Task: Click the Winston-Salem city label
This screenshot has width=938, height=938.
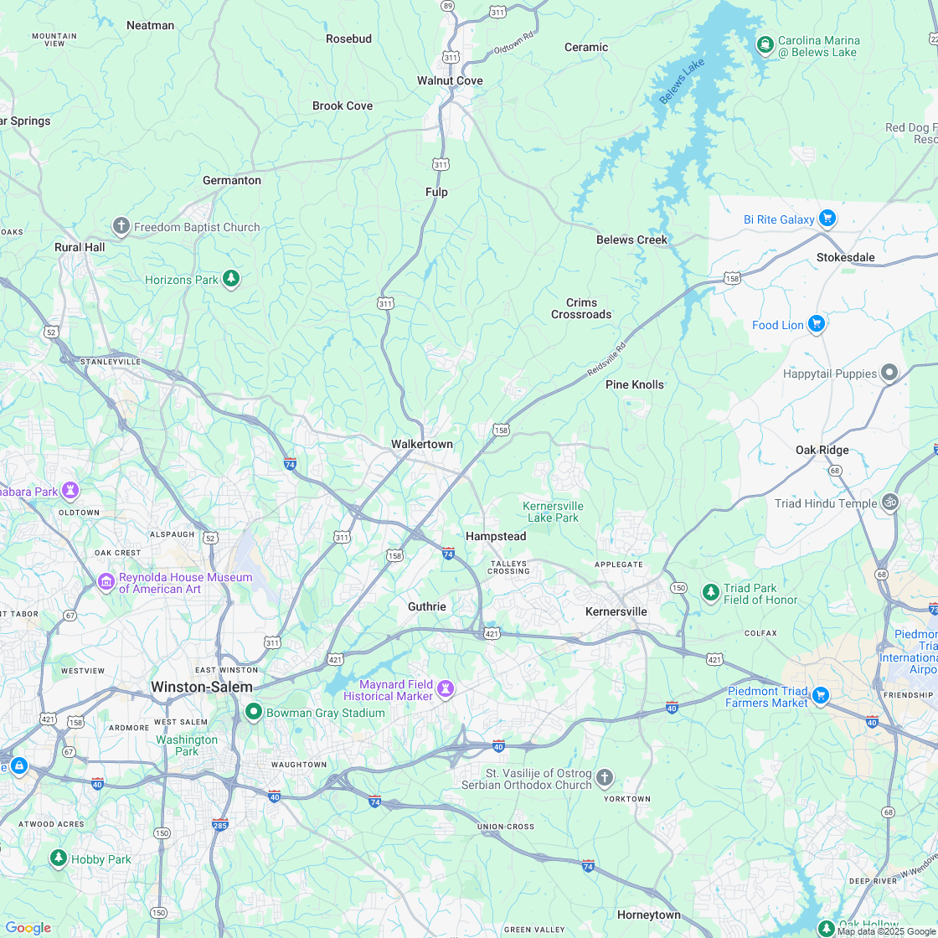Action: (x=201, y=687)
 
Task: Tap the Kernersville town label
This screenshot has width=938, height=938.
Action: (x=616, y=611)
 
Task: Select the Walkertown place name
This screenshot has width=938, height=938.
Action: (x=421, y=444)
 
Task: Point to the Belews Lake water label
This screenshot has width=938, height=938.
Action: (x=682, y=81)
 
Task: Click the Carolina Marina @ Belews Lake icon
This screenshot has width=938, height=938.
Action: (x=764, y=45)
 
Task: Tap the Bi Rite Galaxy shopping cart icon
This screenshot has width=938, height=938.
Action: (x=827, y=219)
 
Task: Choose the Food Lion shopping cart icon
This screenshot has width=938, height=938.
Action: (x=817, y=325)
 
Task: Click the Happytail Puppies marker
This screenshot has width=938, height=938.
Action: (x=889, y=374)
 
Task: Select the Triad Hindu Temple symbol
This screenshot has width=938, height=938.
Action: (x=890, y=502)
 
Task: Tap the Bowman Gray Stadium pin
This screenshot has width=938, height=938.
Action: (x=254, y=713)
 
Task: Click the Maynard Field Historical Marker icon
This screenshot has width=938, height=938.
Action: (x=446, y=690)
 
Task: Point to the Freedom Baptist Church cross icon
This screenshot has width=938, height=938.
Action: (x=121, y=227)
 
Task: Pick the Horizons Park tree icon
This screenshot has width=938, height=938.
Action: (x=231, y=280)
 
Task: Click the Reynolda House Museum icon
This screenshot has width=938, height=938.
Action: (x=106, y=582)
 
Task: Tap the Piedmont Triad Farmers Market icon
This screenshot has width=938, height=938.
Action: (x=821, y=696)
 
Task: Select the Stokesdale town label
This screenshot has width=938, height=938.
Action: (x=845, y=257)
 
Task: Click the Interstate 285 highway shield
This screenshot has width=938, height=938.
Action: (x=220, y=824)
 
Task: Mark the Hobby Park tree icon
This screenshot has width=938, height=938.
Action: (x=58, y=858)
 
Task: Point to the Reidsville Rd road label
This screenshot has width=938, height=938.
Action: (x=607, y=358)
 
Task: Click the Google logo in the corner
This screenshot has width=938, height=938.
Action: (x=28, y=927)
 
